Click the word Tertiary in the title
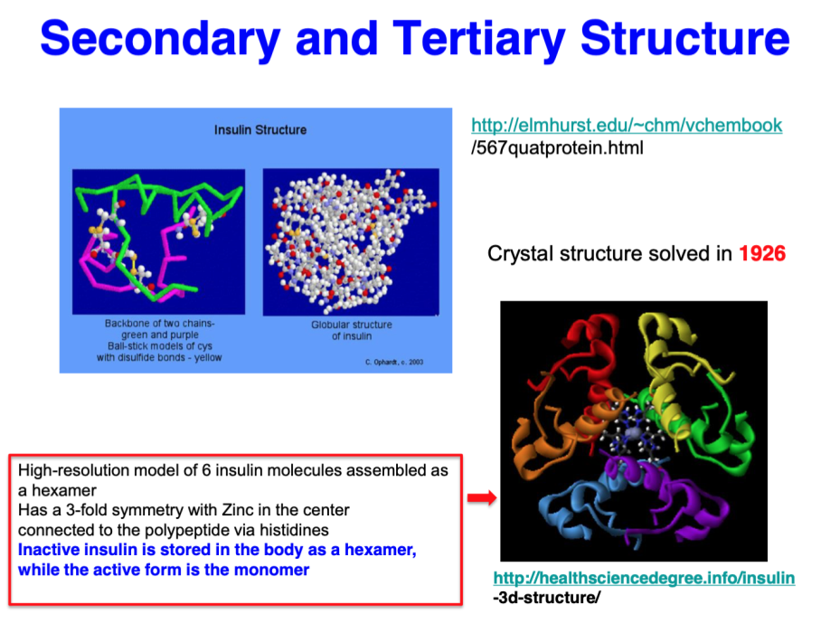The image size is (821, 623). click(x=479, y=39)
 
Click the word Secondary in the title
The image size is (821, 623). click(x=160, y=39)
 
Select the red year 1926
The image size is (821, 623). click(x=762, y=253)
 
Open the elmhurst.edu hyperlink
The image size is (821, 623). click(x=627, y=125)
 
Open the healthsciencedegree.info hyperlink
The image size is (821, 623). click(x=644, y=578)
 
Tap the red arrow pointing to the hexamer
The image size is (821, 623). click(x=482, y=497)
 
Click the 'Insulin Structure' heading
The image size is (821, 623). click(x=260, y=130)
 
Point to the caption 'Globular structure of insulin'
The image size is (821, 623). click(x=352, y=330)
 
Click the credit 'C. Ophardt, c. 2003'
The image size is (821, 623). click(x=394, y=362)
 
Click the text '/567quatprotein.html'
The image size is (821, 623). click(x=557, y=148)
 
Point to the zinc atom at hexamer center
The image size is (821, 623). click(x=634, y=432)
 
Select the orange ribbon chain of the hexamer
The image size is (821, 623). click(x=544, y=435)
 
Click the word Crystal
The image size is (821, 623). click(x=521, y=254)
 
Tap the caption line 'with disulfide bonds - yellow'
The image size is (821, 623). click(x=159, y=357)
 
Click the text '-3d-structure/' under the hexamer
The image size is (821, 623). click(x=547, y=598)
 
